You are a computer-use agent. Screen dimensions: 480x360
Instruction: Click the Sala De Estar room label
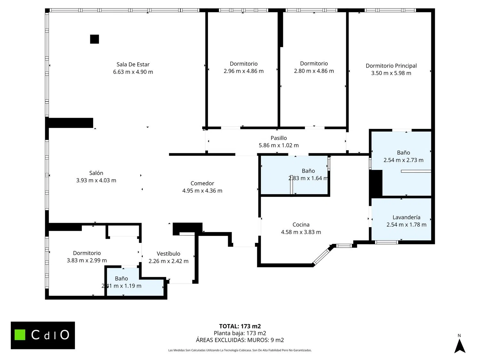click(133, 65)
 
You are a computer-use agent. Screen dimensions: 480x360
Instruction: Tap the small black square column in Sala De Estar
click(94, 39)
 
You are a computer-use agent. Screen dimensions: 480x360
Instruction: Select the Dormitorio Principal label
click(391, 66)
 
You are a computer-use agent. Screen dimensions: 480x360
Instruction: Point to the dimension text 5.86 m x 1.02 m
click(279, 145)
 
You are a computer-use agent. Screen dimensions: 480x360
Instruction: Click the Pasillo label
click(279, 138)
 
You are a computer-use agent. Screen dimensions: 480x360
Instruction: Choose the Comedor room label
click(202, 183)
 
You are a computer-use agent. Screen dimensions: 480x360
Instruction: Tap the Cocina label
click(301, 225)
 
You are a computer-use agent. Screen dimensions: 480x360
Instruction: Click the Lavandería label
click(406, 217)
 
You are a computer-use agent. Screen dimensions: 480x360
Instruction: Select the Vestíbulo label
click(168, 253)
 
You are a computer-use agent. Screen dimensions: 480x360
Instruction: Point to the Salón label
click(96, 173)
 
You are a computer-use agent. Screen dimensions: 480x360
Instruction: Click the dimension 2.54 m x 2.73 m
click(404, 160)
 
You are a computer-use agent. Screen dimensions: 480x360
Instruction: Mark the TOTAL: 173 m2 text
click(240, 326)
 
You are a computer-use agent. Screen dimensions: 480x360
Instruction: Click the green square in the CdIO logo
click(20, 335)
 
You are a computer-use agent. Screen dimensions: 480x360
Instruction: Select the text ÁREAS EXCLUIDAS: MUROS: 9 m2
click(240, 340)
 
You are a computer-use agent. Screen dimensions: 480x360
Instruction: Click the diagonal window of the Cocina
click(321, 257)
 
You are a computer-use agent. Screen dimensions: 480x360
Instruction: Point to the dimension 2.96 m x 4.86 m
click(244, 71)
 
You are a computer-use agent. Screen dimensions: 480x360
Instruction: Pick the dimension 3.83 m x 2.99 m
click(87, 260)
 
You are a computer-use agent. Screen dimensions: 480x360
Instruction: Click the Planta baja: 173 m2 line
click(240, 333)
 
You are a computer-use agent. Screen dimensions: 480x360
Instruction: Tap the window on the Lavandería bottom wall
click(387, 242)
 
